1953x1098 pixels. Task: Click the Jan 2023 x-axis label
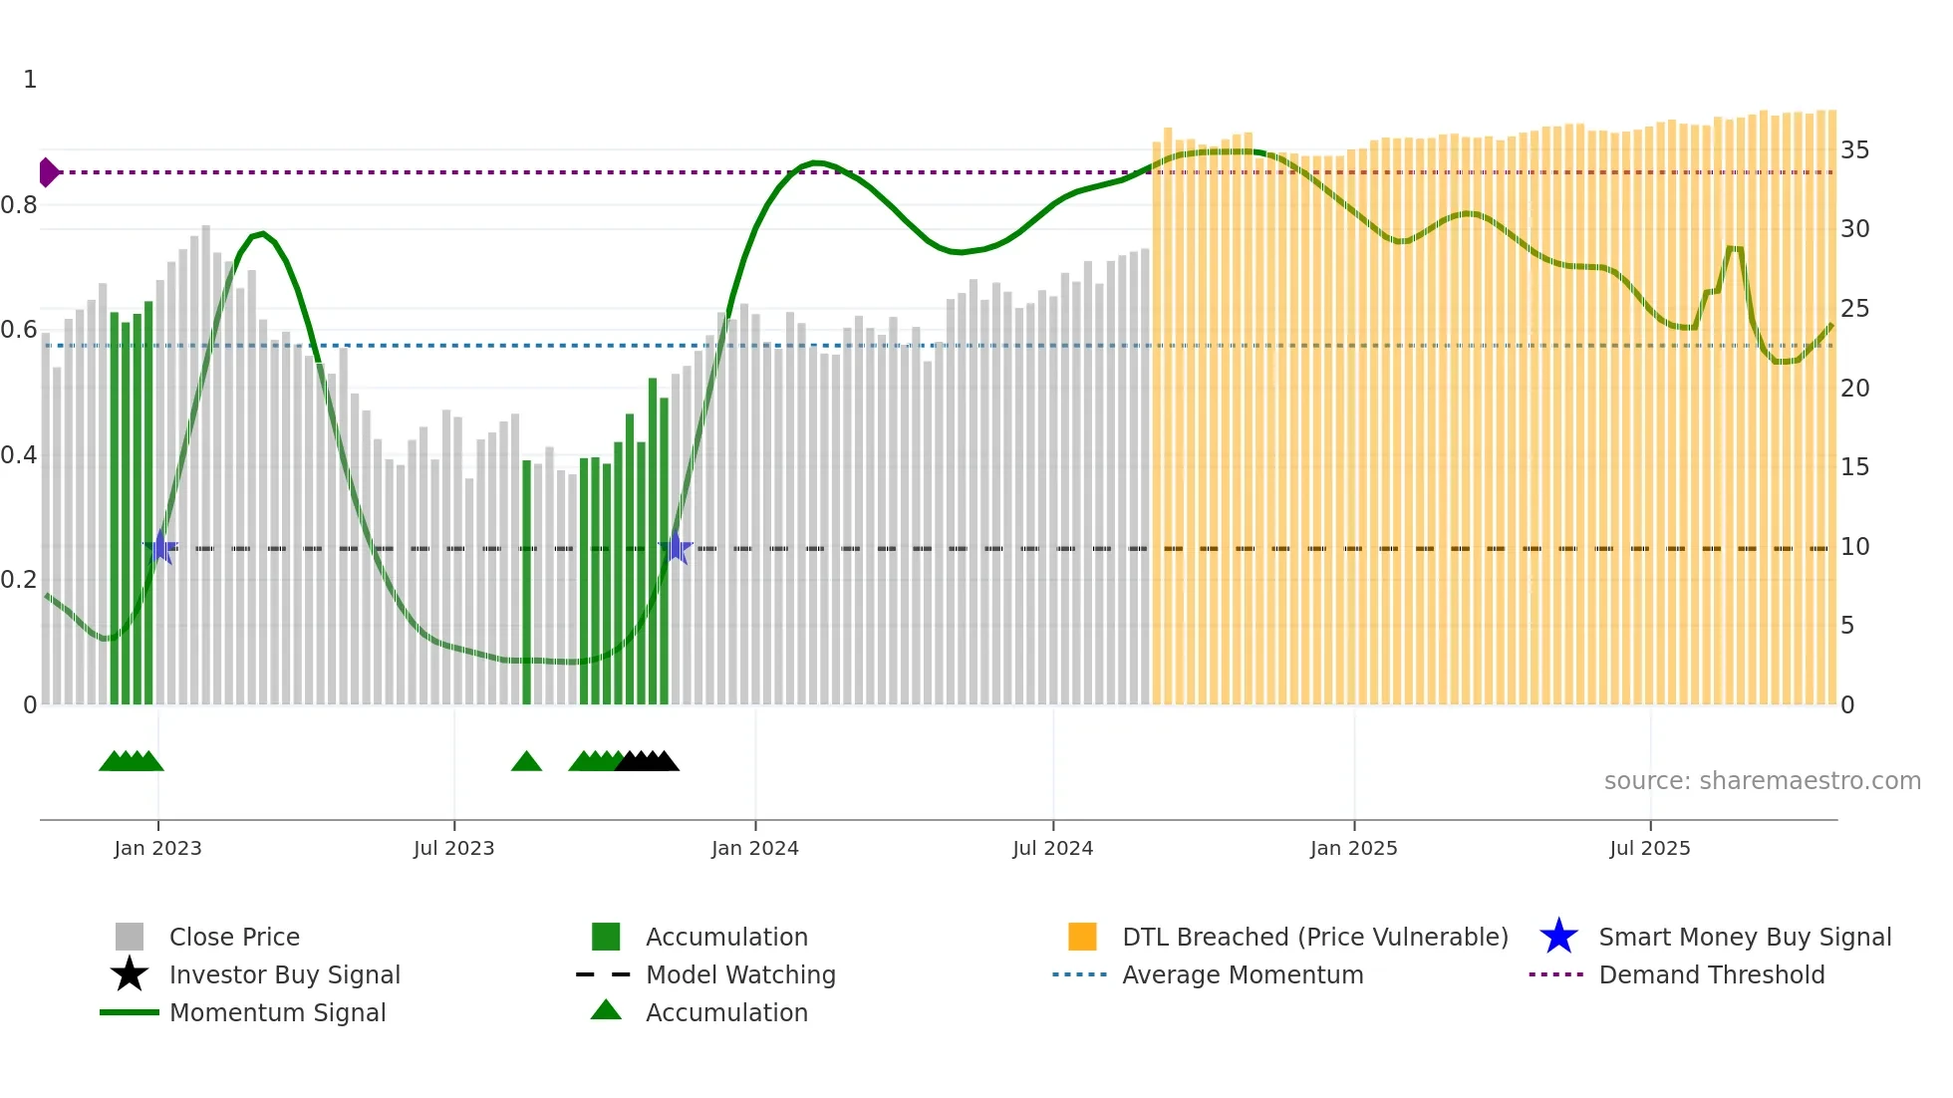(x=157, y=848)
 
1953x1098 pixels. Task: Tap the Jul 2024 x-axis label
(x=1052, y=848)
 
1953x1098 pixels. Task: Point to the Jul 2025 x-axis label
(x=1649, y=848)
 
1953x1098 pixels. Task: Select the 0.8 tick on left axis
(x=20, y=205)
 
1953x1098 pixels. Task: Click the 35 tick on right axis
(x=1854, y=150)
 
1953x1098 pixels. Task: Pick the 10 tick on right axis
(x=1854, y=547)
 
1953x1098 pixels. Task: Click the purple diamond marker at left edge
(x=48, y=172)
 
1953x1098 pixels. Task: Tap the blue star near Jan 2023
(x=160, y=548)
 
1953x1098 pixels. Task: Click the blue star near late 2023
(x=676, y=548)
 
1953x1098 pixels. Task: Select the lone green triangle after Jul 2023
(x=526, y=762)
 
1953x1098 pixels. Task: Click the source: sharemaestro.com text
(x=1762, y=781)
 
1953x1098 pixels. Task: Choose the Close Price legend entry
(x=234, y=937)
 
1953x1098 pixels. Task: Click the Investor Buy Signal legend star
(x=130, y=974)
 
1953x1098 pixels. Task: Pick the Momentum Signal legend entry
(x=277, y=1012)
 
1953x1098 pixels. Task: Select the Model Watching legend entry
(x=739, y=974)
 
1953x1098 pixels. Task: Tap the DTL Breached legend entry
(x=1314, y=937)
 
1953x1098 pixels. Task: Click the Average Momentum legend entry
(x=1242, y=974)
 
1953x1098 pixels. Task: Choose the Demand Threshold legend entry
(x=1711, y=974)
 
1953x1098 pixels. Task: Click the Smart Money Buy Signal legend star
(x=1558, y=937)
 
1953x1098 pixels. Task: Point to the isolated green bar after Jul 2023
(x=526, y=583)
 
